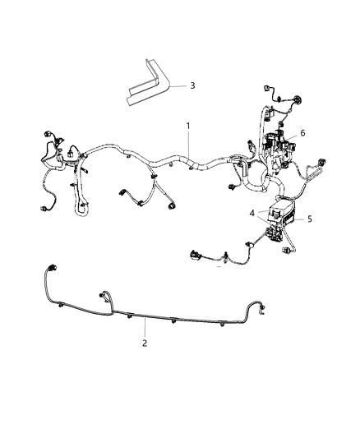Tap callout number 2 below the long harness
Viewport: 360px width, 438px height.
[145, 343]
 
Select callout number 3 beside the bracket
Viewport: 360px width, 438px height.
[192, 85]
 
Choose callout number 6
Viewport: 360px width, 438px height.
[302, 132]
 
